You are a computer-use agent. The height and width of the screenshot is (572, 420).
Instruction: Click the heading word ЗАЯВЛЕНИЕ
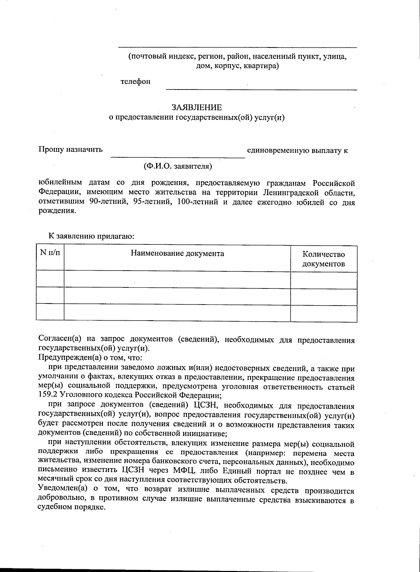[196, 107]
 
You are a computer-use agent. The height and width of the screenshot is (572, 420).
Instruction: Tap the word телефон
[135, 81]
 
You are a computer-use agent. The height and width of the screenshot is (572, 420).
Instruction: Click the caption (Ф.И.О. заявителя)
[178, 166]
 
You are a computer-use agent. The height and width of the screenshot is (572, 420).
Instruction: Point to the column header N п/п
[50, 253]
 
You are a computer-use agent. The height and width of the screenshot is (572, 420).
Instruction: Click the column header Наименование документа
[177, 253]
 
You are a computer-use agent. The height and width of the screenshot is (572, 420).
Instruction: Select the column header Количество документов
[323, 259]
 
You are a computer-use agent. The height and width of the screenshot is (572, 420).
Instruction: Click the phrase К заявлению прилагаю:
[91, 236]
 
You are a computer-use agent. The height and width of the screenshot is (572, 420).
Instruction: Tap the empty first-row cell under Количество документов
[323, 280]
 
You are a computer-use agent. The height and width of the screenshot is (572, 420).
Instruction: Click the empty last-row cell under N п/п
[50, 312]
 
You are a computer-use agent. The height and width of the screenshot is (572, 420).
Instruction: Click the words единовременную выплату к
[297, 151]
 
